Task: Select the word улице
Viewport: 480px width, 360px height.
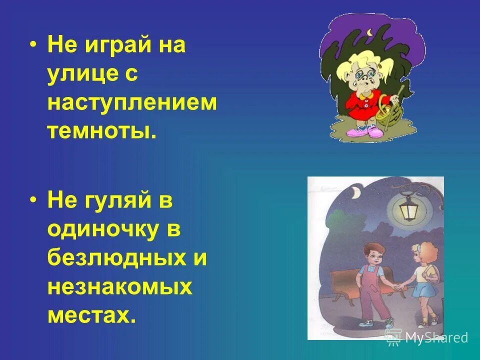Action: pyautogui.click(x=83, y=74)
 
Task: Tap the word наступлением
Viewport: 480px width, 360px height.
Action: pyautogui.click(x=132, y=103)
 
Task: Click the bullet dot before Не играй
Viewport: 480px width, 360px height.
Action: pyautogui.click(x=33, y=44)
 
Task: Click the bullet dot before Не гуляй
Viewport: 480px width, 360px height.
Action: pyautogui.click(x=33, y=200)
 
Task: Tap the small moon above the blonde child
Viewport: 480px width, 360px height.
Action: pyautogui.click(x=369, y=33)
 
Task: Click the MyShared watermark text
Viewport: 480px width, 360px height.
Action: pyautogui.click(x=435, y=337)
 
